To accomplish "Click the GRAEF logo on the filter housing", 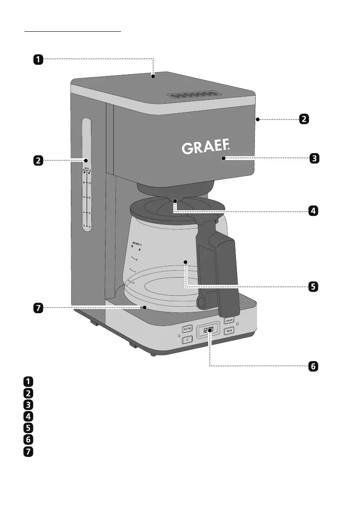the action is [206, 148].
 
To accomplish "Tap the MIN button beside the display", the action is [230, 331].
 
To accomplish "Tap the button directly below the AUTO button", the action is [187, 340].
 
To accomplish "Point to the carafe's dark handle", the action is [219, 270].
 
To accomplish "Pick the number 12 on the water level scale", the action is [89, 183].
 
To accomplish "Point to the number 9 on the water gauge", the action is [89, 197].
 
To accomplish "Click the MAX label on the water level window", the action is [86, 168].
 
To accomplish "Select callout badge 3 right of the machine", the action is [314, 158].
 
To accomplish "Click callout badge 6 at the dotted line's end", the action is [314, 366].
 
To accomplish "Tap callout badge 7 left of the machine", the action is [38, 308].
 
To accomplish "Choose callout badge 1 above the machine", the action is [38, 59].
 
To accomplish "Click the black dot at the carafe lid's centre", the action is [175, 200].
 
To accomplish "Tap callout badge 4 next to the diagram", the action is [314, 211].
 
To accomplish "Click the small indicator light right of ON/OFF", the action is [238, 324].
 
